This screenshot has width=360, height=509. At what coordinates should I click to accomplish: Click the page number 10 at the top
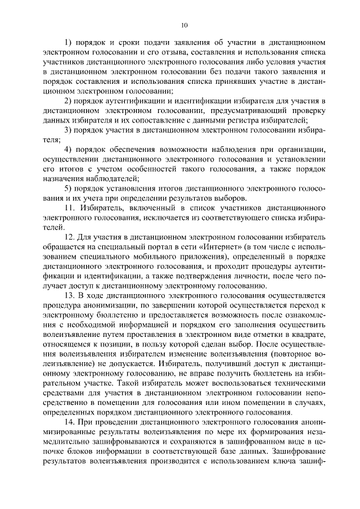pyautogui.click(x=183, y=25)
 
